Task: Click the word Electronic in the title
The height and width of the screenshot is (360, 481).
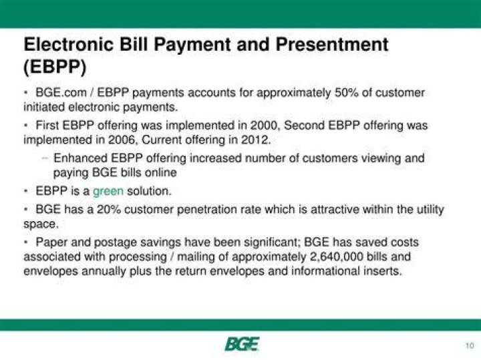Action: pos(69,44)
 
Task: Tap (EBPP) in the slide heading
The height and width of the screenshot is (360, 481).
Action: pos(55,67)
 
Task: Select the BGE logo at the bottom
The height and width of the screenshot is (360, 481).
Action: pos(242,344)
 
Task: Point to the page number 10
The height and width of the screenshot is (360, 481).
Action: pos(470,345)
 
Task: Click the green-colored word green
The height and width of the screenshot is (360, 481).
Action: pos(108,191)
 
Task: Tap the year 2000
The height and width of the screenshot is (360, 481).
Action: pos(264,126)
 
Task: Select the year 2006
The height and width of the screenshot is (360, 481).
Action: pos(122,140)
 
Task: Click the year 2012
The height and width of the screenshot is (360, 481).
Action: pos(256,140)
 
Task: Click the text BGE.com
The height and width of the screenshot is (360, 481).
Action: pos(61,93)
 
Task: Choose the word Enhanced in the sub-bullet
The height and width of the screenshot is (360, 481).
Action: pos(80,158)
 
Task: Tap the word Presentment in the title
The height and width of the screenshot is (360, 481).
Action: pos(332,44)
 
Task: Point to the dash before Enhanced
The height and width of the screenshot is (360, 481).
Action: pos(45,158)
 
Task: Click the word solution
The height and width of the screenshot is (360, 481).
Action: pos(149,191)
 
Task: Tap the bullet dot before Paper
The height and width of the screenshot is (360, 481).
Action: pos(27,242)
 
